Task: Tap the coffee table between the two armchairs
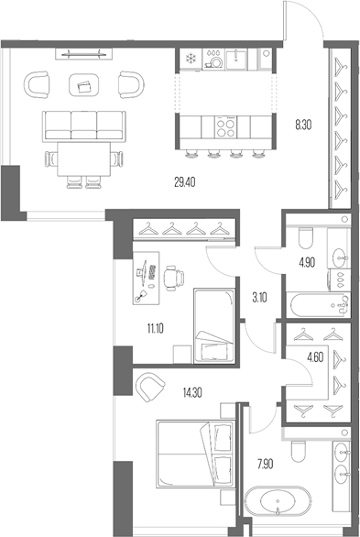click(85, 87)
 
